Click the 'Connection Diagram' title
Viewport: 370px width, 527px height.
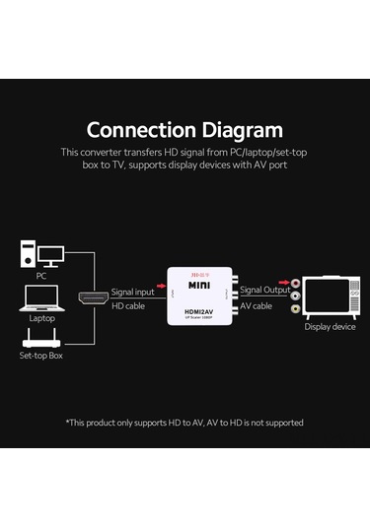point(185,129)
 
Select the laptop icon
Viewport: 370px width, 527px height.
point(41,301)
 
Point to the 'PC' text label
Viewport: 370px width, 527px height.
point(41,276)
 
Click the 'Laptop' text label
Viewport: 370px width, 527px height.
point(41,318)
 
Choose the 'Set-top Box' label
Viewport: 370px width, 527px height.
point(41,355)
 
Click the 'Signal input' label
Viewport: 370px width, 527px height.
point(133,292)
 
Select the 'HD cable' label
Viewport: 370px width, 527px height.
point(127,306)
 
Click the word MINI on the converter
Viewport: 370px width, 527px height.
point(200,286)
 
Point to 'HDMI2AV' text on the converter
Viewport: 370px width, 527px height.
point(200,314)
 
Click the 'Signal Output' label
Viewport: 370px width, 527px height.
point(264,291)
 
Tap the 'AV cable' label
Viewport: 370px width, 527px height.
point(256,306)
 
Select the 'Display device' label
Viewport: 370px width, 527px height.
point(330,327)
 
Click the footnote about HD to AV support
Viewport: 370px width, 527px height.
point(185,423)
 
